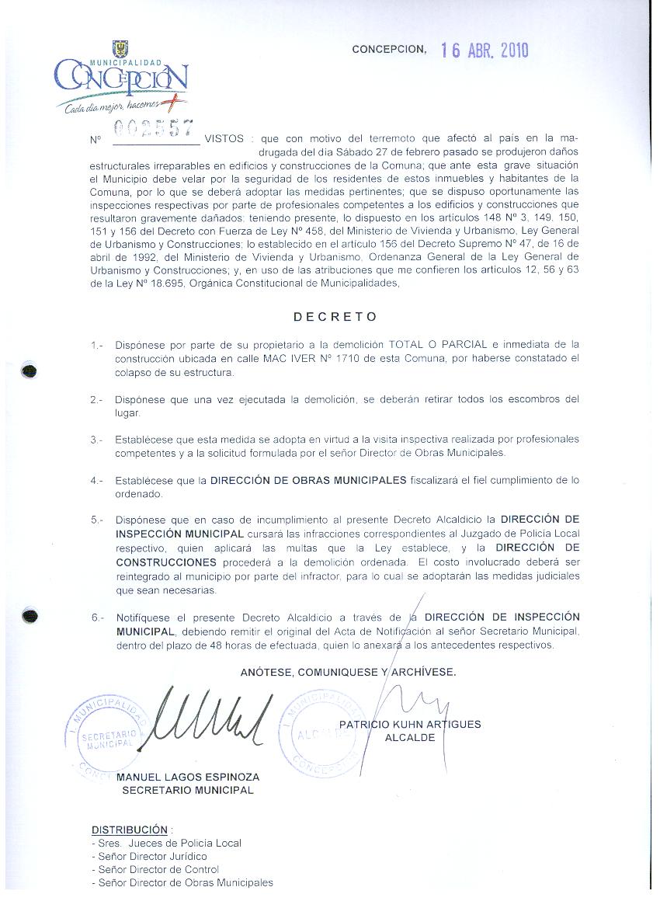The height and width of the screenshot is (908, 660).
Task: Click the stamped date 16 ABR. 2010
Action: click(484, 50)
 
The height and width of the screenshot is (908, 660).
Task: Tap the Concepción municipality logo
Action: click(120, 78)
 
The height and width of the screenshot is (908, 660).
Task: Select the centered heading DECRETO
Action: click(335, 317)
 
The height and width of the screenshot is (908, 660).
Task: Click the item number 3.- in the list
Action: click(96, 440)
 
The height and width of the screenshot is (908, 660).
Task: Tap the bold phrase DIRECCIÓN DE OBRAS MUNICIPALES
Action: click(308, 480)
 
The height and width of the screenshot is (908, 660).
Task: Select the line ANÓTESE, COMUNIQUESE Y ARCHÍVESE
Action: click(348, 671)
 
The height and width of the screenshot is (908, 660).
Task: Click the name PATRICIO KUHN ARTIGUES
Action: click(410, 725)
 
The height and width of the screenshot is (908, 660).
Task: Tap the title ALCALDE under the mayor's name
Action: click(410, 738)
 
